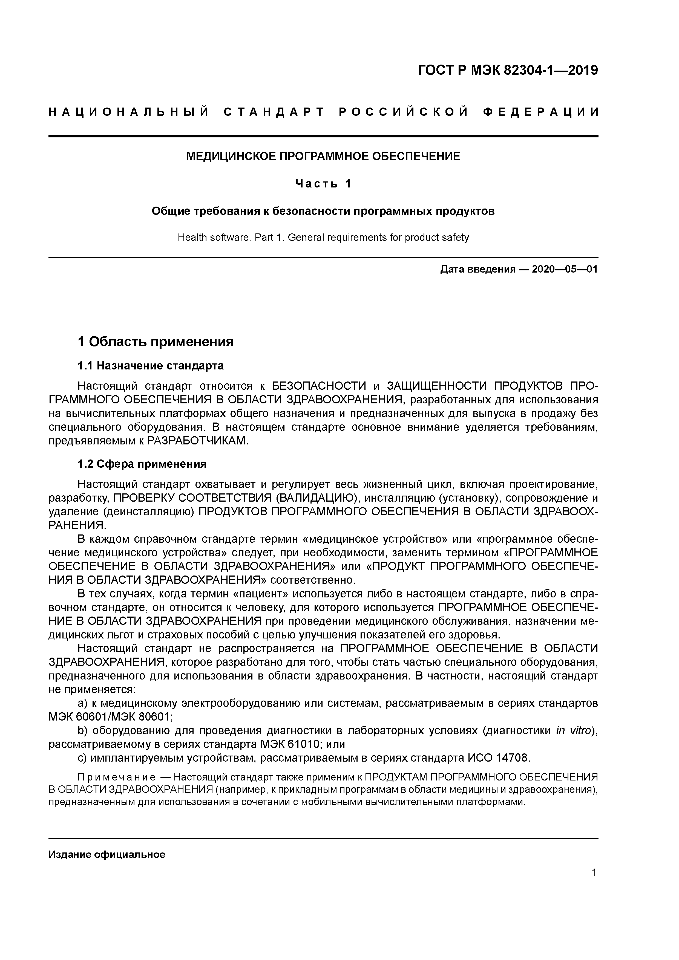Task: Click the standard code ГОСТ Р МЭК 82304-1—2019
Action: pos(508,71)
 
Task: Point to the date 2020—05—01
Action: pos(565,269)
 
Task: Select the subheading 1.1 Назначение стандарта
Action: pos(151,366)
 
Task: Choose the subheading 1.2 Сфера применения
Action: pos(142,464)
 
